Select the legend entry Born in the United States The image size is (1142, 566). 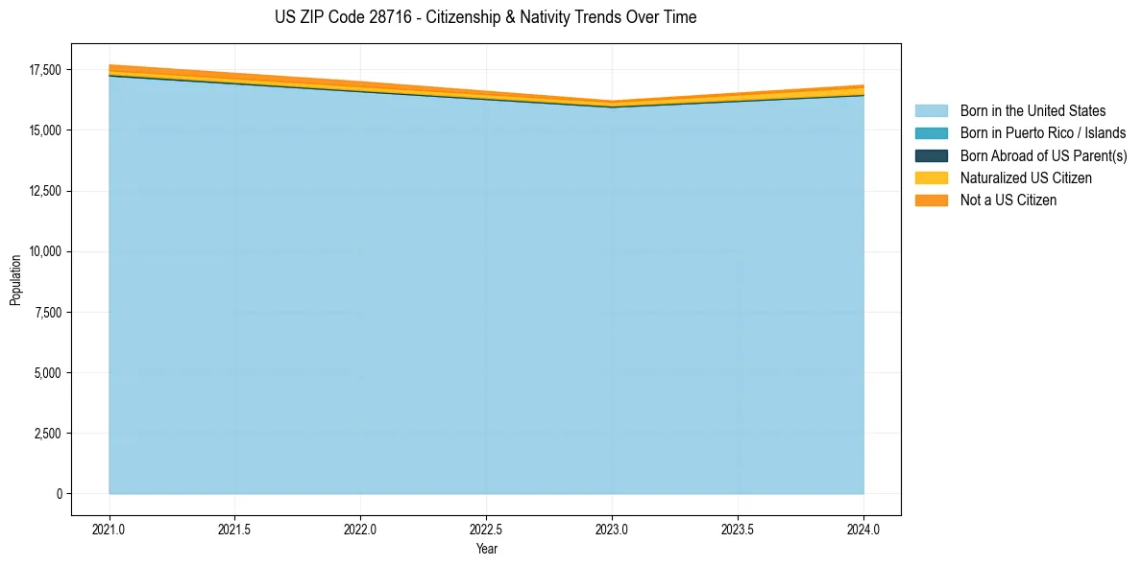[x=1033, y=111]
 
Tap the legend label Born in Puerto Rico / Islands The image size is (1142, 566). [x=1043, y=133]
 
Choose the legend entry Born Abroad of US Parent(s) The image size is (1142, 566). [x=1043, y=155]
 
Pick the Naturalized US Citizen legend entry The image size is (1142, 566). [x=1026, y=177]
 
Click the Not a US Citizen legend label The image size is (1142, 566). [x=1008, y=200]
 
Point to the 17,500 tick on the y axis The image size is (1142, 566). [x=44, y=70]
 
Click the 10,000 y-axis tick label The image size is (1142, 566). [x=44, y=251]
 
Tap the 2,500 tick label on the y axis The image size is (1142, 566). [x=47, y=434]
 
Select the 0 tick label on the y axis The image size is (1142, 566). [x=59, y=494]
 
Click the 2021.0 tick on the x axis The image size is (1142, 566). [x=109, y=529]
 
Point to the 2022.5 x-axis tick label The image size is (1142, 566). [x=486, y=529]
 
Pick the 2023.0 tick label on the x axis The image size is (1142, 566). [x=612, y=529]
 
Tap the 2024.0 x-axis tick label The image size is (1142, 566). [x=863, y=529]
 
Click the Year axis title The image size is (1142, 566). [x=486, y=549]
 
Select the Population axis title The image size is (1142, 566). [x=15, y=280]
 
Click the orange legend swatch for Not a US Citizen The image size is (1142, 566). [x=931, y=200]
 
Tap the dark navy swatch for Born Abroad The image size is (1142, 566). [x=931, y=155]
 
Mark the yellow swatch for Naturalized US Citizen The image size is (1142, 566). [x=931, y=177]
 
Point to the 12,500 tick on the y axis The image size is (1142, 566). [x=44, y=191]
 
